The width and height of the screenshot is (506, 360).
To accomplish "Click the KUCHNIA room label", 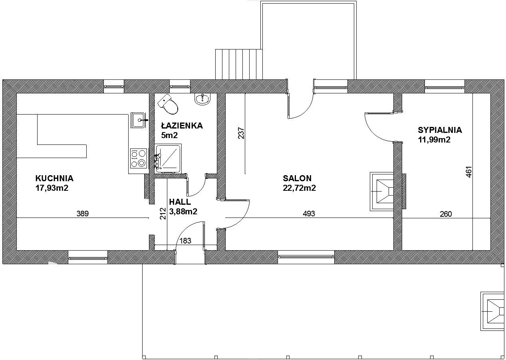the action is [x=54, y=178].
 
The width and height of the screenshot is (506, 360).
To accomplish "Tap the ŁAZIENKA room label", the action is [x=182, y=125].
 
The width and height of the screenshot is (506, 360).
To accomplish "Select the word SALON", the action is [x=297, y=178].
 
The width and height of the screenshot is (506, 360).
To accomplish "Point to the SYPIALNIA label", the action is [x=440, y=130].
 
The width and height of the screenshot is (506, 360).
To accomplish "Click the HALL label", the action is [x=180, y=202].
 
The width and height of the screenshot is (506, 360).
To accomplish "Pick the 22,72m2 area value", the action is [x=299, y=188].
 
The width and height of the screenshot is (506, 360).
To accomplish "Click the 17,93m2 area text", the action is [x=52, y=188].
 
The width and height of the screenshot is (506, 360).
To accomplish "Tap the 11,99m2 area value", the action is [x=434, y=140].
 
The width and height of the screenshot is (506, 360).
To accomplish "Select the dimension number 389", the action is [x=83, y=214].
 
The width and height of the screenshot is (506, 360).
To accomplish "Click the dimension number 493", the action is [x=309, y=214].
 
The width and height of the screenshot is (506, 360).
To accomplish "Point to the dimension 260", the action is [x=446, y=214].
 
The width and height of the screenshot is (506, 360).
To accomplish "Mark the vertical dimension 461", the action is [x=468, y=172].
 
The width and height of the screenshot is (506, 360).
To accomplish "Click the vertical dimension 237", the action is [x=241, y=133].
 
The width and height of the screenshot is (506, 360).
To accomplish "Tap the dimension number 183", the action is [x=185, y=241].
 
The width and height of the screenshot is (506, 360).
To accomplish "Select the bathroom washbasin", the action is [x=202, y=99].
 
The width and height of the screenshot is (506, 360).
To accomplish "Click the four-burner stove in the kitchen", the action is [x=139, y=158].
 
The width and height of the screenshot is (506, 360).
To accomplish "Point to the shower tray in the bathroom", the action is [x=168, y=159].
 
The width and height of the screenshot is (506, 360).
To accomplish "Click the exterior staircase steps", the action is [x=239, y=64].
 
